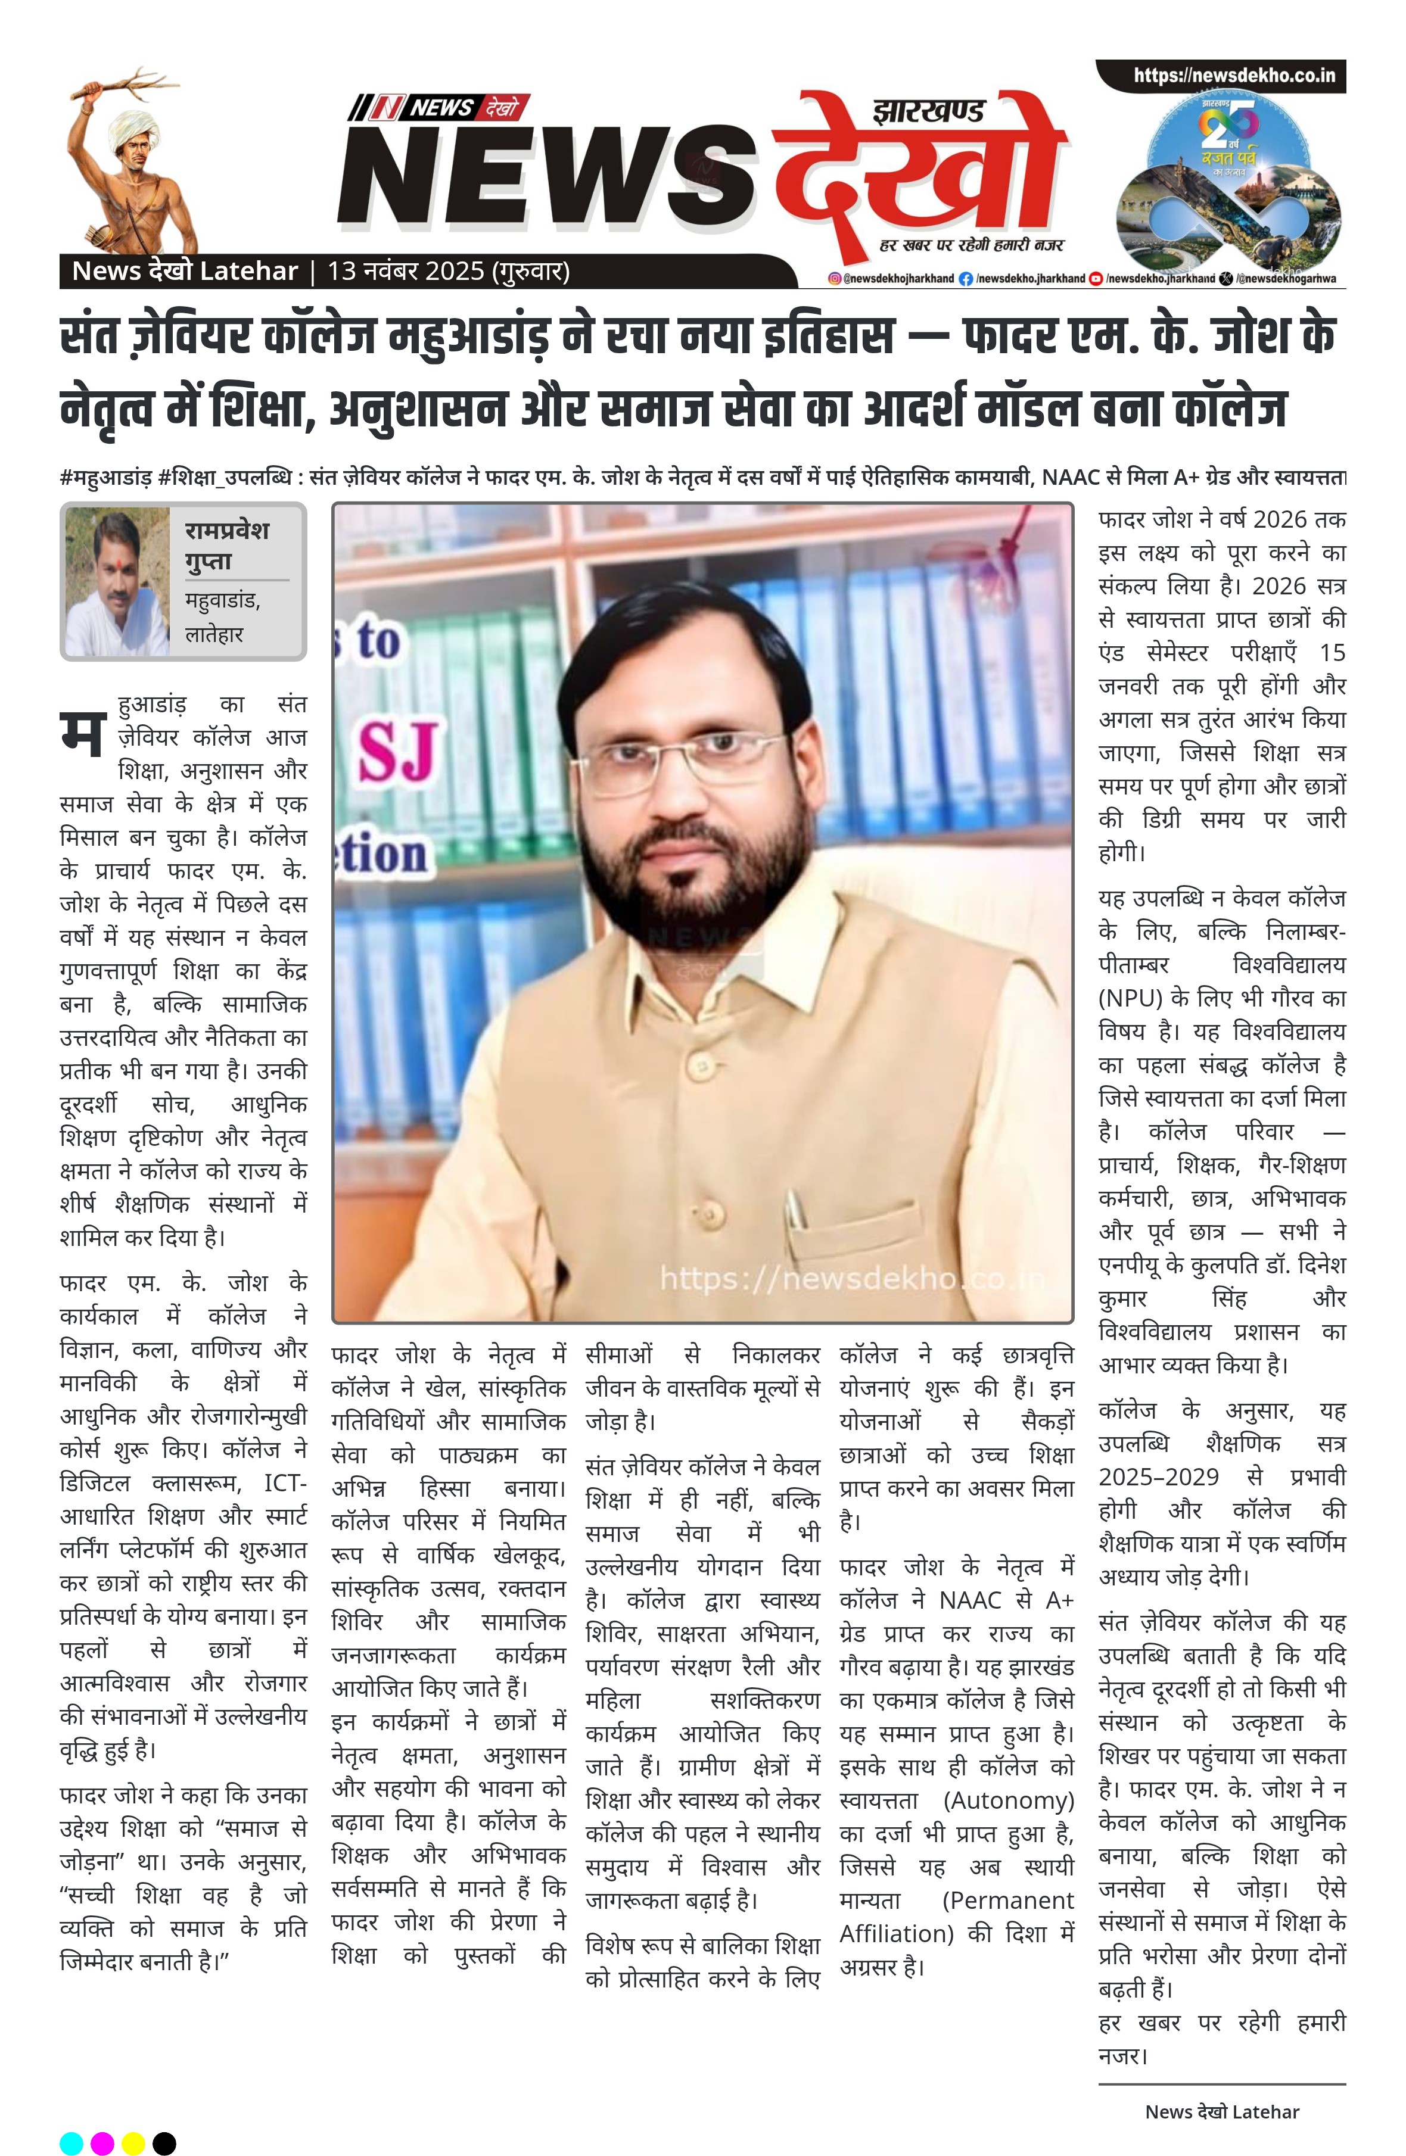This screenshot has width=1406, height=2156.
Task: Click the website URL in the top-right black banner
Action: (1233, 76)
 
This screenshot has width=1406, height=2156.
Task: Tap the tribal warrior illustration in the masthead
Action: (131, 163)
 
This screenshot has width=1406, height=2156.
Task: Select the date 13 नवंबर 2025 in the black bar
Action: (406, 271)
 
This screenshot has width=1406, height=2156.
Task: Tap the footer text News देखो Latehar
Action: (1221, 2111)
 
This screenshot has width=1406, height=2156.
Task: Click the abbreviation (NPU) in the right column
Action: (1130, 998)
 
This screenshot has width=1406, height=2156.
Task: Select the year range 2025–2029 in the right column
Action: (1159, 1476)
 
